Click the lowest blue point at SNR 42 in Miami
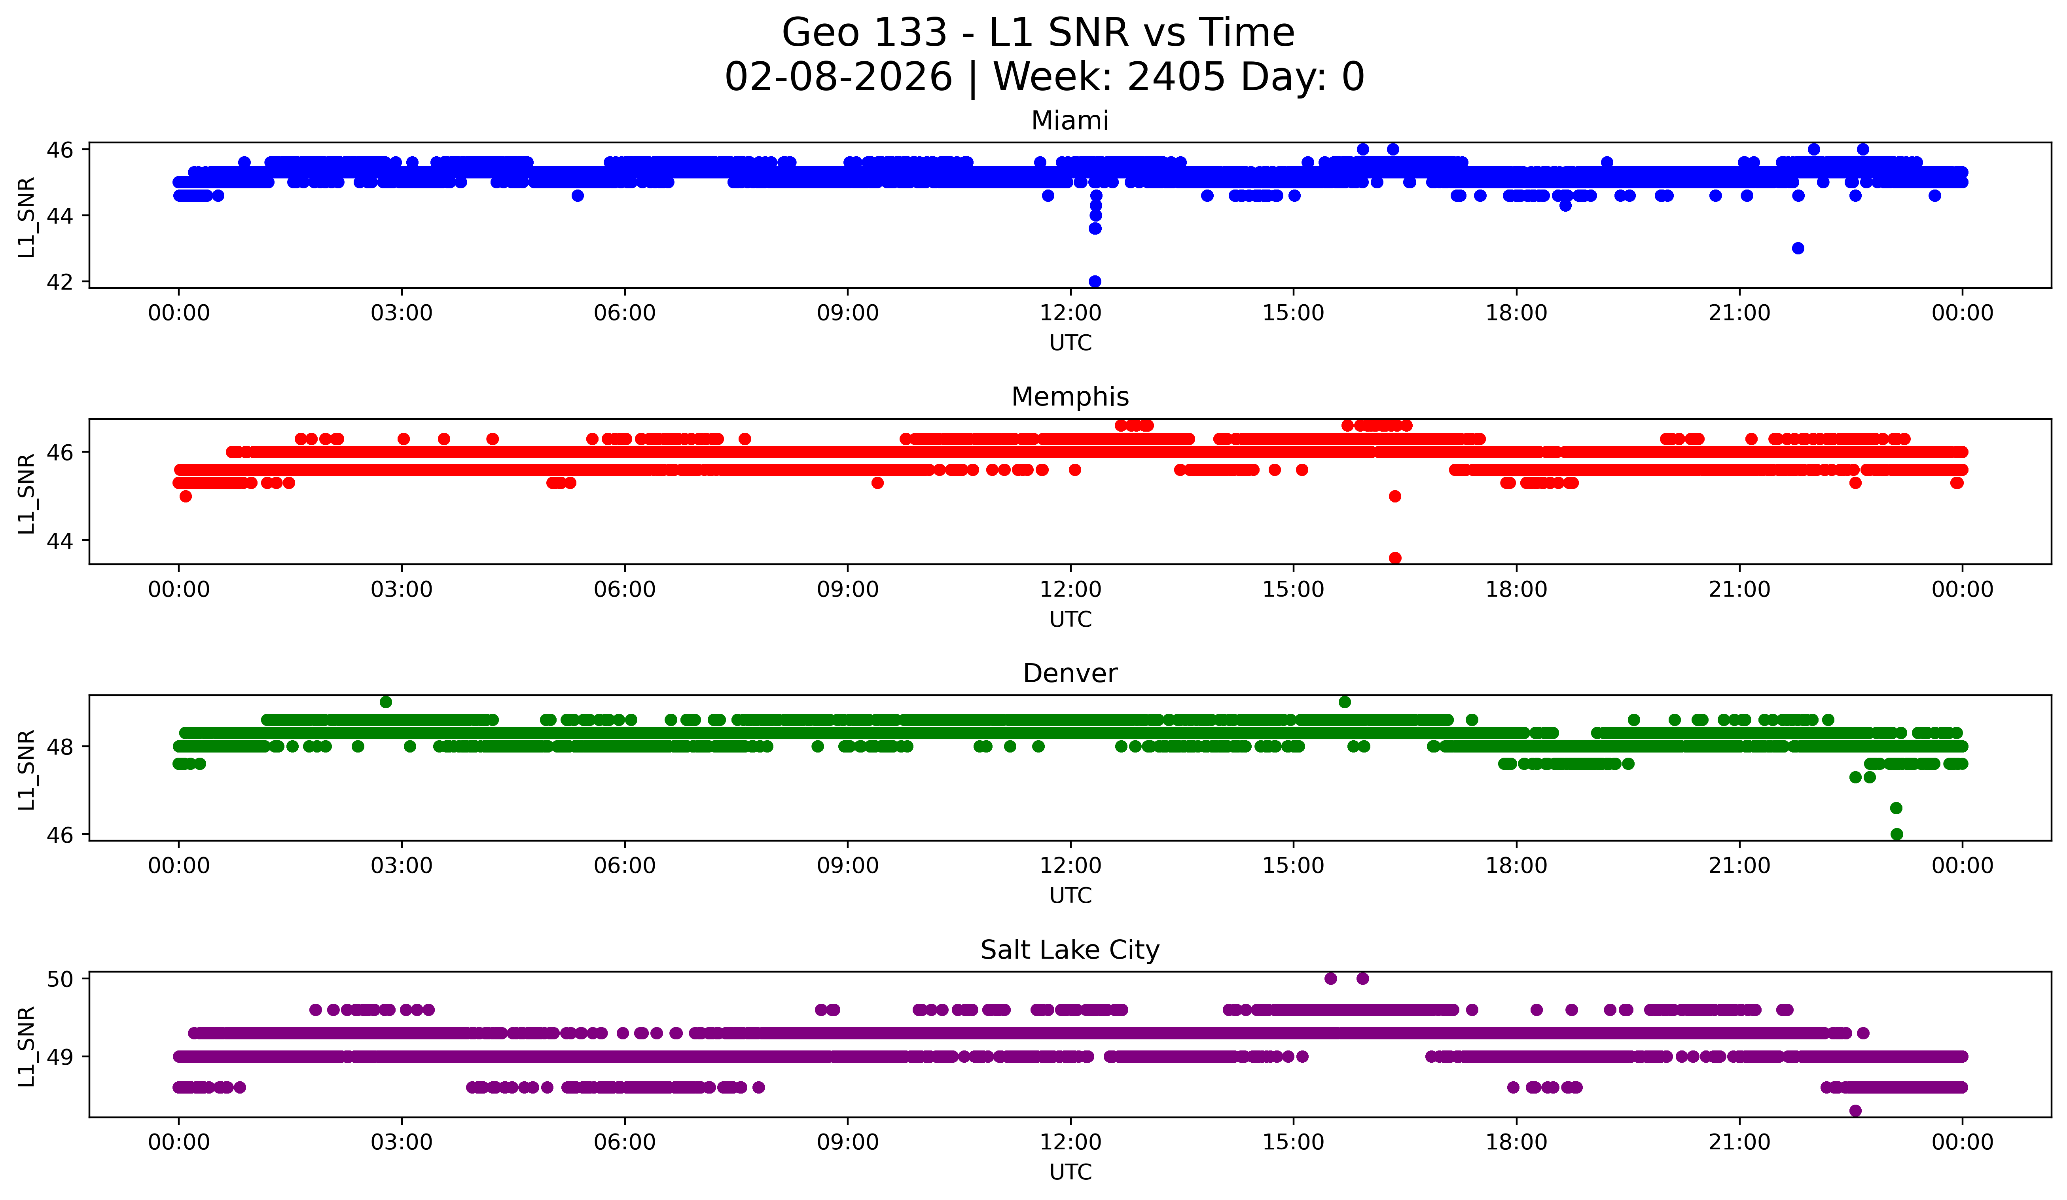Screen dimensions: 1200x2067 click(1094, 281)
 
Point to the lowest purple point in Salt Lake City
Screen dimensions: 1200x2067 click(1855, 1111)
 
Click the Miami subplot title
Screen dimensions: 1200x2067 click(1070, 121)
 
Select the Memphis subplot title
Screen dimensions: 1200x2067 click(1070, 397)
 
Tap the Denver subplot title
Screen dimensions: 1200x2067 click(1070, 673)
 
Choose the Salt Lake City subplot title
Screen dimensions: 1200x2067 click(1070, 950)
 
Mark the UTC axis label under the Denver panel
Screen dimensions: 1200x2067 click(1070, 896)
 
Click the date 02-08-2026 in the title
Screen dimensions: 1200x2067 click(838, 77)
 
